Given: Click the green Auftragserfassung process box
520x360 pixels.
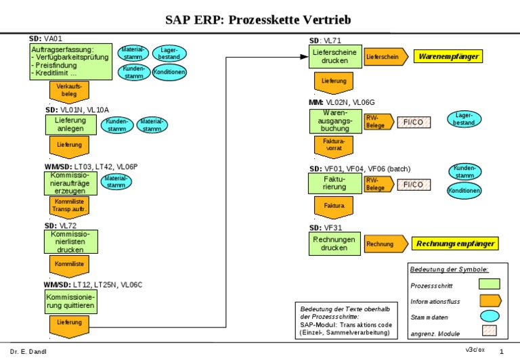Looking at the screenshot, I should pyautogui.click(x=71, y=62).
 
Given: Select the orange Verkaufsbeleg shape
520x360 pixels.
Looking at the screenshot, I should pyautogui.click(x=69, y=90).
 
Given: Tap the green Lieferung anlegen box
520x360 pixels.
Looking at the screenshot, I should pyautogui.click(x=70, y=124).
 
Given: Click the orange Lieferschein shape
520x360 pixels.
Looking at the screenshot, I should pyautogui.click(x=385, y=57).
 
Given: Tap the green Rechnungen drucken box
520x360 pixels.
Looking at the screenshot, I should pyautogui.click(x=334, y=244).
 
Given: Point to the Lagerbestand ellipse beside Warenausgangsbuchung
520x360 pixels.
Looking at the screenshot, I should pyautogui.click(x=464, y=120).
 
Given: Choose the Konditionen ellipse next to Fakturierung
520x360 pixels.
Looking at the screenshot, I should pyautogui.click(x=464, y=191).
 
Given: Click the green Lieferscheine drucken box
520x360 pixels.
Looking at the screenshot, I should pyautogui.click(x=336, y=57).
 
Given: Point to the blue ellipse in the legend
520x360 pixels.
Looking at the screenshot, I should pyautogui.click(x=489, y=316).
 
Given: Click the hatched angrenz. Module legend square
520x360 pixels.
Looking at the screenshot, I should pyautogui.click(x=489, y=332).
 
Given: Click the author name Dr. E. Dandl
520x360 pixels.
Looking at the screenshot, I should pyautogui.click(x=28, y=351).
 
